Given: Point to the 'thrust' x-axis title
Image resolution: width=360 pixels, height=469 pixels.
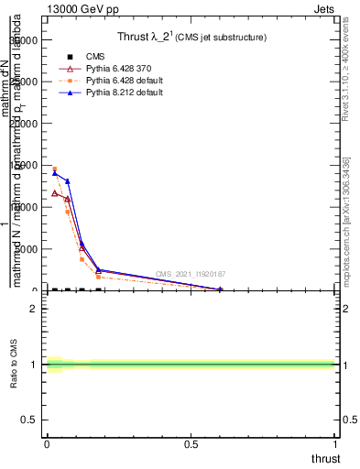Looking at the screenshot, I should point(324,458).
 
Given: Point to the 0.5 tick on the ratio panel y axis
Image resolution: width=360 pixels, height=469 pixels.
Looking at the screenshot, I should point(28,420).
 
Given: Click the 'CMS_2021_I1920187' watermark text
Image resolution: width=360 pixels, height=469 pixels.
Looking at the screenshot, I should point(190,274).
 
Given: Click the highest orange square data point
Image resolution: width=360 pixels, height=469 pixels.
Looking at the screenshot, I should point(54,169).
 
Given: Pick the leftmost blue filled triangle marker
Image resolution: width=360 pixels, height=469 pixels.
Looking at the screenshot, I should point(54,172).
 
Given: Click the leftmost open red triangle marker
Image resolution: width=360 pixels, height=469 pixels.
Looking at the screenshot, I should point(54,193).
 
